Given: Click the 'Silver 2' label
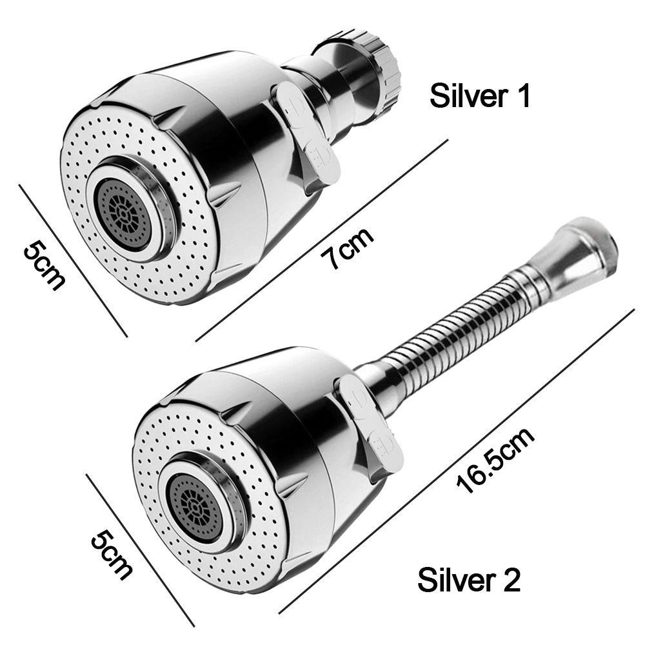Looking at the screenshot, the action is [x=468, y=579].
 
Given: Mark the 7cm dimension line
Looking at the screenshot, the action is [x=322, y=239].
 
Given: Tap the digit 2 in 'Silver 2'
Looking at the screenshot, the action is [x=510, y=579].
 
